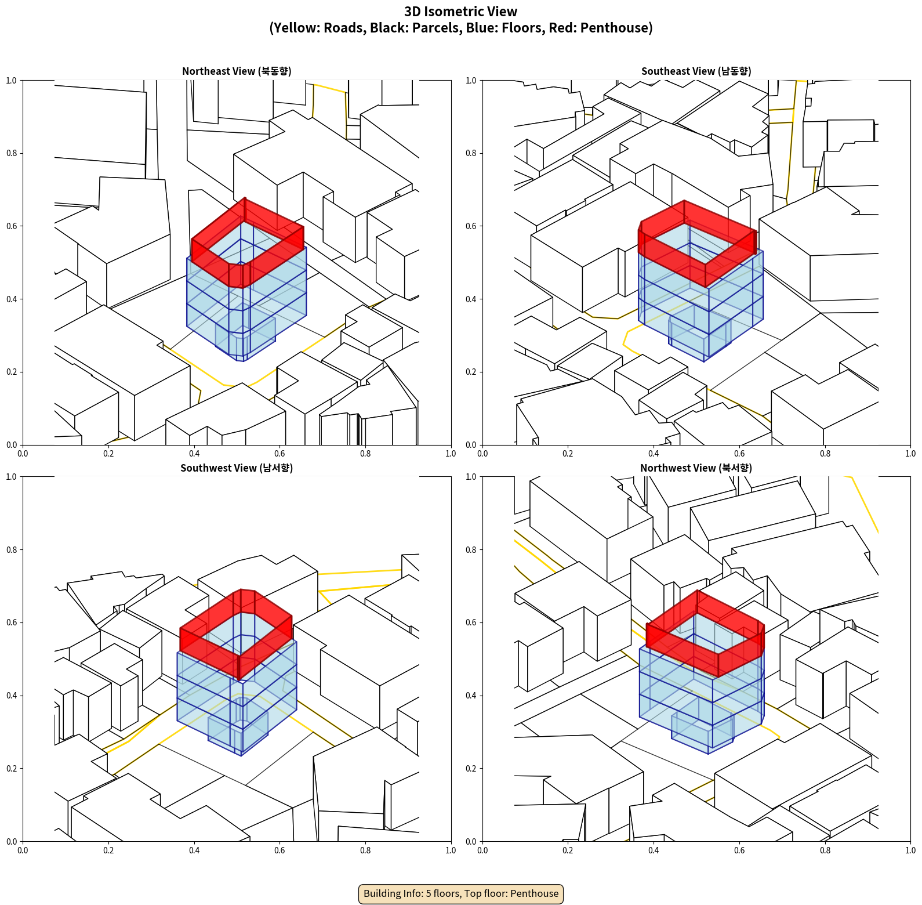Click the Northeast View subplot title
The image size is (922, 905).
coord(237,71)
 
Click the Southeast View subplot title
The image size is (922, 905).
coord(696,71)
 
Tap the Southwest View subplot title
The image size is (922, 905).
coord(237,468)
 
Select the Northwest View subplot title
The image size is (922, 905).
coord(696,468)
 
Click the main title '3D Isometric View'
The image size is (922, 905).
coord(461,12)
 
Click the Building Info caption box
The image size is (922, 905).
coord(461,893)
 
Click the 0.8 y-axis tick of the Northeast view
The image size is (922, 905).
coord(12,153)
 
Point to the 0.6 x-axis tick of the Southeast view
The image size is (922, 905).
coord(739,454)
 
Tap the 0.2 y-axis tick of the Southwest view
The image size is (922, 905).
coord(12,768)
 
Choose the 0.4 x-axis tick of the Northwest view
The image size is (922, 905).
coord(654,850)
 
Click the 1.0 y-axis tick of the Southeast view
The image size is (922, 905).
coord(471,80)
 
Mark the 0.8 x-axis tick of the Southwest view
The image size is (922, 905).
coord(365,850)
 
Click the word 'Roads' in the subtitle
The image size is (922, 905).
coord(344,28)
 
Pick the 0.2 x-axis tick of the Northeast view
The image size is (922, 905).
coord(108,454)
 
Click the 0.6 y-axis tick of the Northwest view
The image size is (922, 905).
coord(471,622)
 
